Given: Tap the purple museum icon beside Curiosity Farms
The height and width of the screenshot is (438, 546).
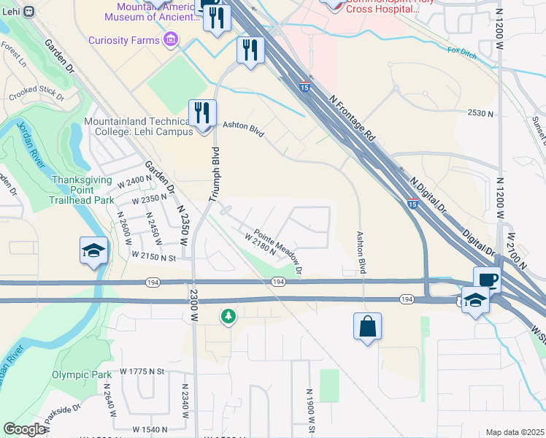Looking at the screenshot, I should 171,39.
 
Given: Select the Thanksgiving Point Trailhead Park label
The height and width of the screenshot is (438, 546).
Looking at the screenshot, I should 82,190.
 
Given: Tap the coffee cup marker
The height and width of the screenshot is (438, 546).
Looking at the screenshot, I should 487,280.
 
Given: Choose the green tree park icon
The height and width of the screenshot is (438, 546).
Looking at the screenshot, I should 229,316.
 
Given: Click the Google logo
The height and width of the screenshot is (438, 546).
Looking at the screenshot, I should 24,429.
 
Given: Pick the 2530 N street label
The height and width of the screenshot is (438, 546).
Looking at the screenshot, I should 481,114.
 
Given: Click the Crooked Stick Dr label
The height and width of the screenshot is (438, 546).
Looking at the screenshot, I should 36,96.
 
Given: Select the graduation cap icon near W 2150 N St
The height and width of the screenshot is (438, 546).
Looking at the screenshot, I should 94,250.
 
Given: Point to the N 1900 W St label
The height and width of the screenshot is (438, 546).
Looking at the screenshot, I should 309,409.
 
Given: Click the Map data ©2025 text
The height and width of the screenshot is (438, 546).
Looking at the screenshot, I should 515,432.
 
